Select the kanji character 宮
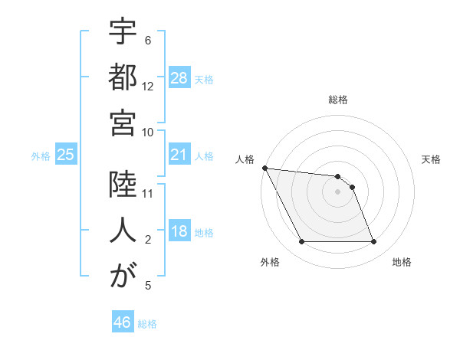pos(123,123)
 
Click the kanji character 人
pos(123,231)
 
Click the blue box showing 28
pos(179,78)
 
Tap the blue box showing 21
pos(179,155)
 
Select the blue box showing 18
pos(179,232)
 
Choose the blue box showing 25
pos(66,155)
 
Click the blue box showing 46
pos(123,322)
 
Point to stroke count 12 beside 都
pos(148,87)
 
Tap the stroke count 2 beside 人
pos(148,240)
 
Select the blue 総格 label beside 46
pos(147,324)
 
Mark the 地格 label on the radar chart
pos(402,262)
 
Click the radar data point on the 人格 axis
pos(264,168)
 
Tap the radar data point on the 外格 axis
pos(301,242)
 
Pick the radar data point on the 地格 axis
pos(373,242)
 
